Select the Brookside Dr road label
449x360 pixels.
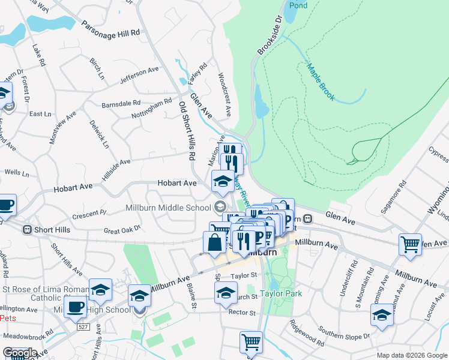pos(270,37)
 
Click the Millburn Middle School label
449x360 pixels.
pos(169,208)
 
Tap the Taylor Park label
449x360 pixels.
pos(281,293)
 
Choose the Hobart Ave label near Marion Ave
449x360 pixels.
pos(177,182)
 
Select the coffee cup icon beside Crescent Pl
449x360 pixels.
pos(5,205)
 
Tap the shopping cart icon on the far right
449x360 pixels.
pos(411,244)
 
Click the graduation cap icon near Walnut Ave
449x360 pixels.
pos(381,316)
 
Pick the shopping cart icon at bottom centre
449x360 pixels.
pos(251,342)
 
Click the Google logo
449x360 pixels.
pos(19,352)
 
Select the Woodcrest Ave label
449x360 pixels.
pos(224,95)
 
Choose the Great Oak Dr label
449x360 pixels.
pos(122,229)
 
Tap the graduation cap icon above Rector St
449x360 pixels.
pos(226,292)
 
